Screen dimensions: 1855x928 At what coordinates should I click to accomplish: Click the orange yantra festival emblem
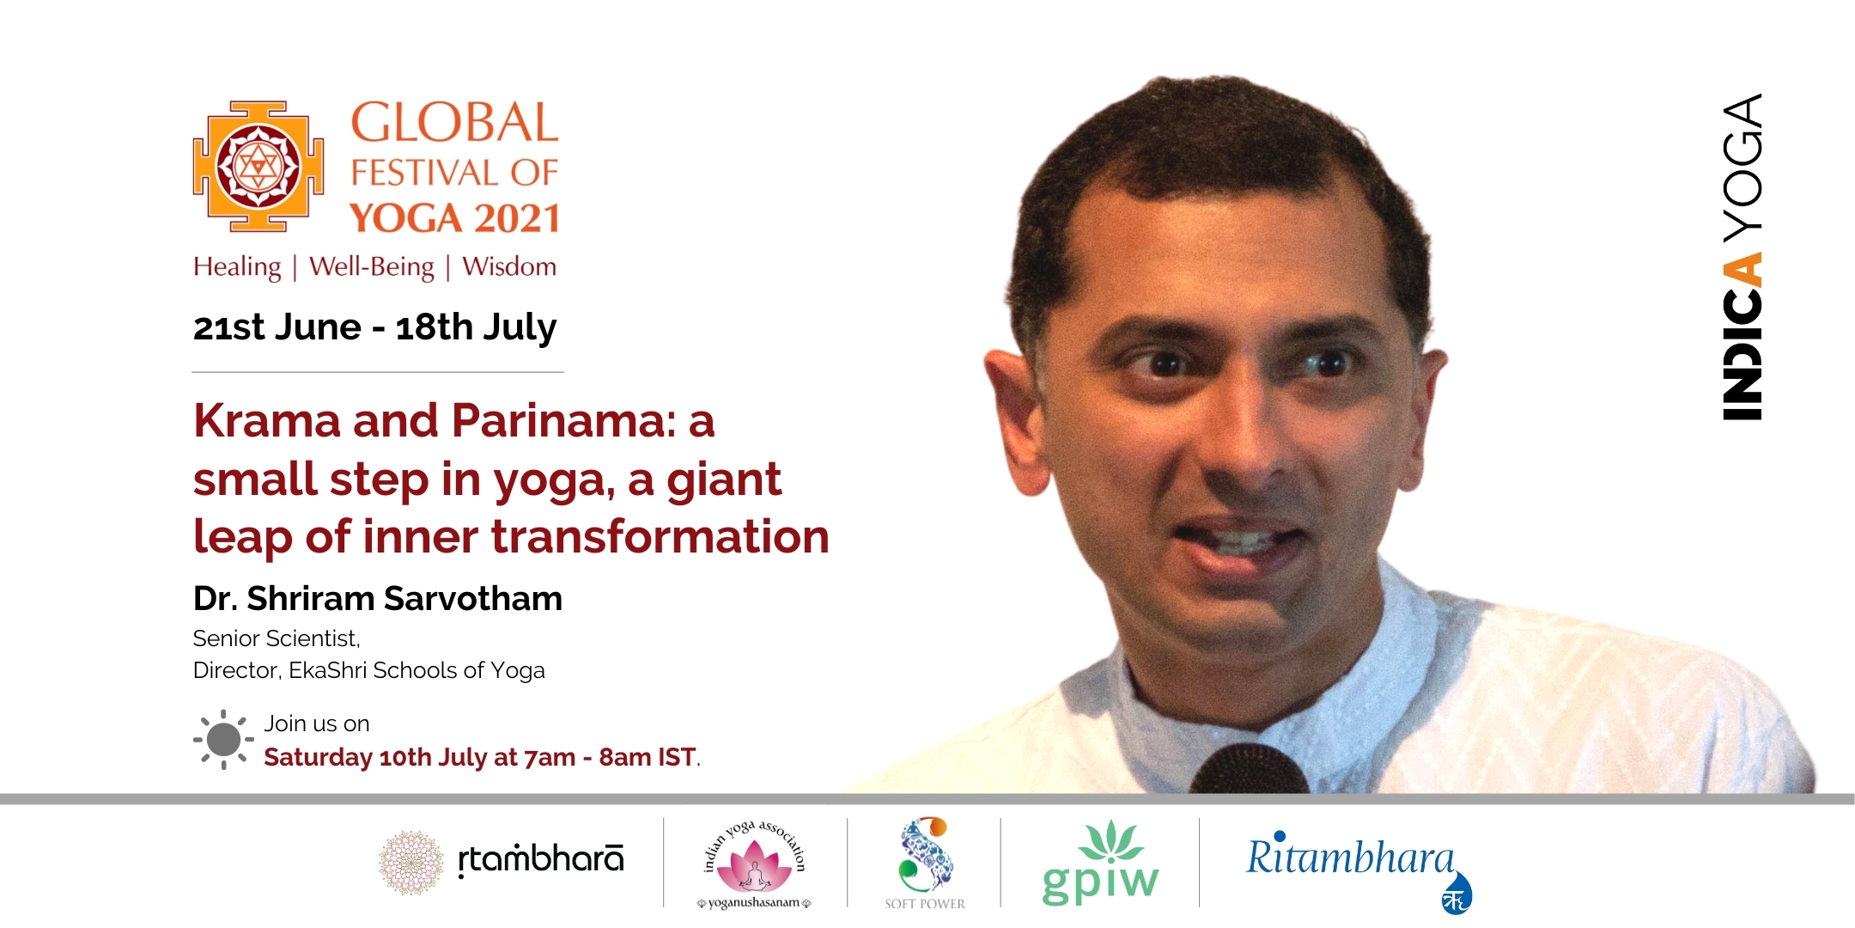pos(258,166)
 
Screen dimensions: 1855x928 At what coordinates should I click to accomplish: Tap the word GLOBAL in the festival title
pos(454,123)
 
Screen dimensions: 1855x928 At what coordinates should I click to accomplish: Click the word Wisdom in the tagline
pos(509,266)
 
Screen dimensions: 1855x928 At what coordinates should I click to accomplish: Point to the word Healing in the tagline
pos(237,267)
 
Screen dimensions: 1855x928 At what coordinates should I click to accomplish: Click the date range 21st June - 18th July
pos(374,327)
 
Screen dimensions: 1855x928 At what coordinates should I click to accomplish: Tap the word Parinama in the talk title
pos(563,421)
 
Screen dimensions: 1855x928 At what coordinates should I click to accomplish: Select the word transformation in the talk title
pos(660,537)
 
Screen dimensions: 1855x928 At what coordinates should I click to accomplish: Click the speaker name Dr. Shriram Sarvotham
pos(378,599)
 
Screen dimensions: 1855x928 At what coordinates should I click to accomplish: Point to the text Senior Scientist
pos(276,638)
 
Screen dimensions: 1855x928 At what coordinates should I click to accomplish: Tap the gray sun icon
pos(223,740)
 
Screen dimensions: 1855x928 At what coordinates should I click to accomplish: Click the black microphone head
pos(1249,770)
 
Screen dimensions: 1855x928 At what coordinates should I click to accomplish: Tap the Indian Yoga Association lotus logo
pos(754,864)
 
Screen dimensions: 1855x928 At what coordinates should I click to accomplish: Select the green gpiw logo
pos(1100,863)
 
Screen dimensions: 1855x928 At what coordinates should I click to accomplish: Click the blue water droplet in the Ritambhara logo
pos(1457,893)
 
